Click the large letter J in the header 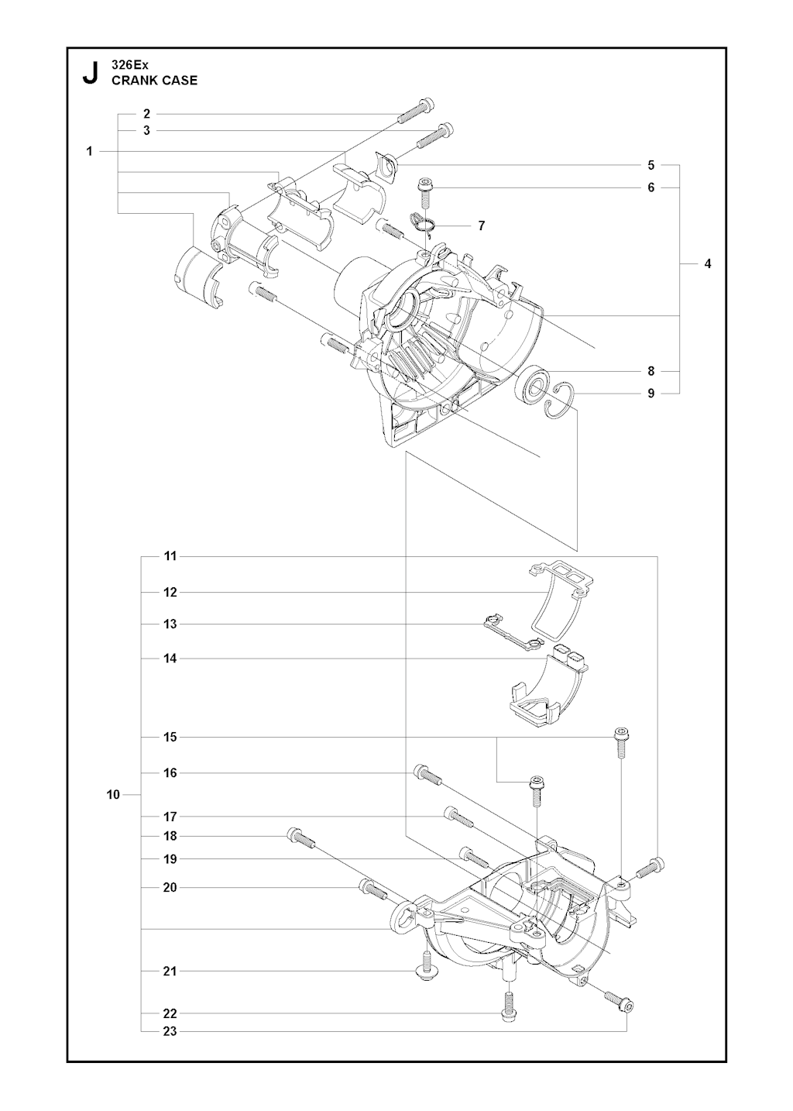91,74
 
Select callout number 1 90,151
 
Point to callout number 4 707,263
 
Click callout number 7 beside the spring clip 481,225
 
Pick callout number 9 651,393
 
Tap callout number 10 113,794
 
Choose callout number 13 170,624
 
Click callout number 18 170,836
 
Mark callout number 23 170,1030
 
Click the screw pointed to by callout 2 415,112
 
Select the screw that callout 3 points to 435,136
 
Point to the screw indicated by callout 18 300,839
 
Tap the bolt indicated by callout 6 425,191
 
